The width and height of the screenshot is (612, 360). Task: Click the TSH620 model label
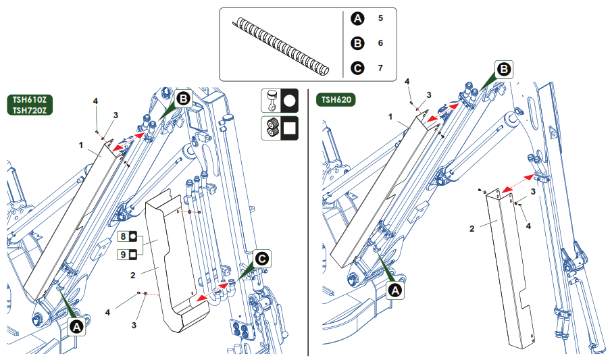pos(336,100)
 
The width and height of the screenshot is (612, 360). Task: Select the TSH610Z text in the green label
pos(30,99)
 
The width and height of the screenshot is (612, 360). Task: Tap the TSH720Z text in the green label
pos(30,110)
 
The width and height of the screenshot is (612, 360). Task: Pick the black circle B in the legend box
pos(357,43)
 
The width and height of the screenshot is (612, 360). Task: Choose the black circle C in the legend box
pos(357,68)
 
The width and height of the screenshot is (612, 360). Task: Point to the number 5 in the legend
pos(380,18)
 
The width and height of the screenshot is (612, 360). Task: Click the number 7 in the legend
pos(380,68)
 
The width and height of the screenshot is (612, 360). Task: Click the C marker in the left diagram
pos(262,258)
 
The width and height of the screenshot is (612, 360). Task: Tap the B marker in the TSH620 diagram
pos(504,68)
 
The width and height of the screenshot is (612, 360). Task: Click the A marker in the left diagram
pos(76,326)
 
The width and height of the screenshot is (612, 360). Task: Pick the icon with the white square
pos(279,127)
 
